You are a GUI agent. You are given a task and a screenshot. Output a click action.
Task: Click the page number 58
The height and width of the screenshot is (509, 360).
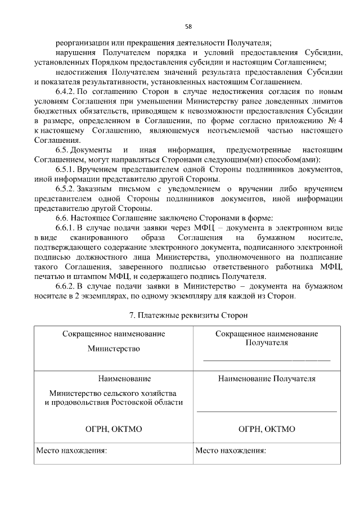[188, 26]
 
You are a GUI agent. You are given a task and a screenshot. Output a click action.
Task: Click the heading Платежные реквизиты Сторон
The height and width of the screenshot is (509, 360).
[188, 316]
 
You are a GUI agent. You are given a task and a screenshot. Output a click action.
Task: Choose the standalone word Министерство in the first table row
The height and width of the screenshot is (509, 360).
[114, 349]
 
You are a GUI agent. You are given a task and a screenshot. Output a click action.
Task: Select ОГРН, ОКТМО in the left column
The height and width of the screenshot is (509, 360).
[114, 429]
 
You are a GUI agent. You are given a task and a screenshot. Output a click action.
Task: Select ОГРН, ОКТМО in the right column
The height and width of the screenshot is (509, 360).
[267, 429]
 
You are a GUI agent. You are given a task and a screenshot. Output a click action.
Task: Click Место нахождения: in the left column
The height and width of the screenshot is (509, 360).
[71, 451]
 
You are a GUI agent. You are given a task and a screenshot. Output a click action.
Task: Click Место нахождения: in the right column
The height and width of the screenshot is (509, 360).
[231, 451]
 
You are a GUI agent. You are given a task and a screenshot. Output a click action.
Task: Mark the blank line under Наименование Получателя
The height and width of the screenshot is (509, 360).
[267, 412]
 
